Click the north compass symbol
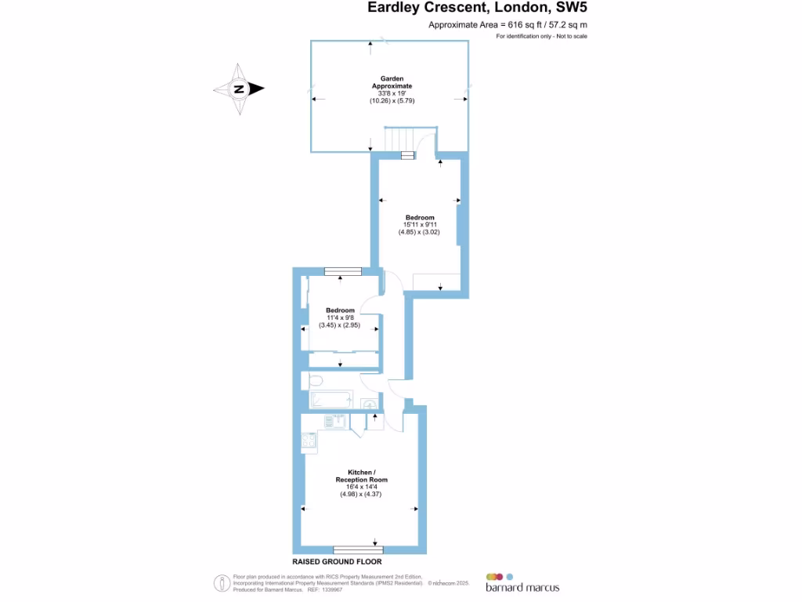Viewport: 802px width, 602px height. point(239,89)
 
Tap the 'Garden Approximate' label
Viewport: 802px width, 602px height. point(396,82)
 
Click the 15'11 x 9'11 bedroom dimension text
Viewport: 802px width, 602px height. point(419,224)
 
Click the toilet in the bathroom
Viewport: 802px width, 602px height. point(315,381)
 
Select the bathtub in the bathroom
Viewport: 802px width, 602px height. point(330,401)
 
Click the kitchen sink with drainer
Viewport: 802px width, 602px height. point(334,422)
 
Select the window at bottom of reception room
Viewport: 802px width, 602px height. point(358,549)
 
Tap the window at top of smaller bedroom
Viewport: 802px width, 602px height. point(342,272)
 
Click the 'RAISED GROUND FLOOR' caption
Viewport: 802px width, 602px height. point(337,562)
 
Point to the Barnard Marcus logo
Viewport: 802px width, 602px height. point(522,582)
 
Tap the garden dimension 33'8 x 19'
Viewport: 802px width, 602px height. point(396,93)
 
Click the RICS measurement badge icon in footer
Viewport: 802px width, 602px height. point(222,583)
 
